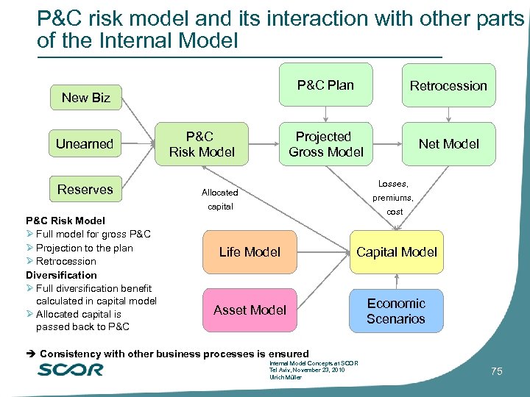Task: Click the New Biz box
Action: tap(85, 98)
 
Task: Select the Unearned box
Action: tap(85, 144)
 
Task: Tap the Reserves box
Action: tap(85, 190)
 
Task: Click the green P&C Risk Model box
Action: tap(202, 144)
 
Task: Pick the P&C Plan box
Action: tap(325, 85)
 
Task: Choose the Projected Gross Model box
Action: tap(325, 144)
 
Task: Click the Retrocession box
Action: tap(448, 86)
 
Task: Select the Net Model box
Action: tap(448, 144)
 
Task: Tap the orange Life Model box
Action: tap(250, 252)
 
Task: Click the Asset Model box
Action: tap(250, 310)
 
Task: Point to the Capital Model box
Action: tap(397, 252)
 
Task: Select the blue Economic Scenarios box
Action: tap(397, 311)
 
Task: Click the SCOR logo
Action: tap(71, 369)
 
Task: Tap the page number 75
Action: tap(496, 372)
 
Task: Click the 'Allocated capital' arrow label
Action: tap(219, 199)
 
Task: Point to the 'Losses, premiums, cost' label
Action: tap(392, 197)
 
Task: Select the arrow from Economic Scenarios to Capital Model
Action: tap(397, 282)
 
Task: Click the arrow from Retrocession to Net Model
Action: tap(448, 115)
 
